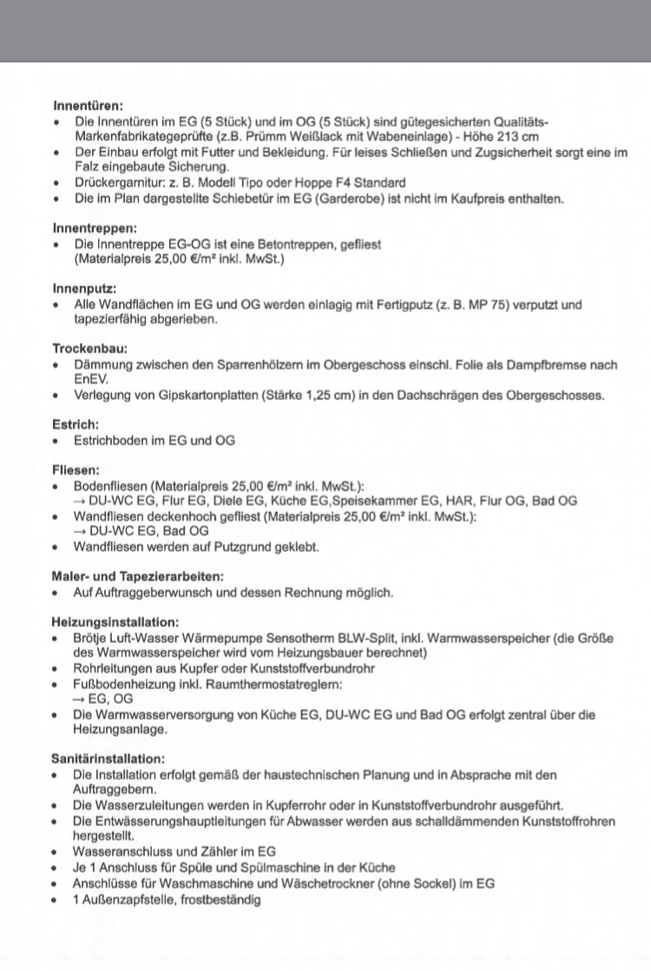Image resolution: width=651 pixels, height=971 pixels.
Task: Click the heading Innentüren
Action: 88,106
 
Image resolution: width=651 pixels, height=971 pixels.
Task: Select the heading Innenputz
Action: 84,289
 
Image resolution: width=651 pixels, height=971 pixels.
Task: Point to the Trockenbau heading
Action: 89,349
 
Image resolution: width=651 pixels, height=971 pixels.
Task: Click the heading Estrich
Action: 76,424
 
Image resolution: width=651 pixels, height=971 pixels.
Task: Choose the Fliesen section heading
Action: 76,469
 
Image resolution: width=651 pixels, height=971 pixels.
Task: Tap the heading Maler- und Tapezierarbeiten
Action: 138,576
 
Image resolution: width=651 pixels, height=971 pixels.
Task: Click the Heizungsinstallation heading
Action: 115,622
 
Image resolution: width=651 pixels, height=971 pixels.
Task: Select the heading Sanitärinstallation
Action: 108,758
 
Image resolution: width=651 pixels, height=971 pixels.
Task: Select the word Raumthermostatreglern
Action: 275,684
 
